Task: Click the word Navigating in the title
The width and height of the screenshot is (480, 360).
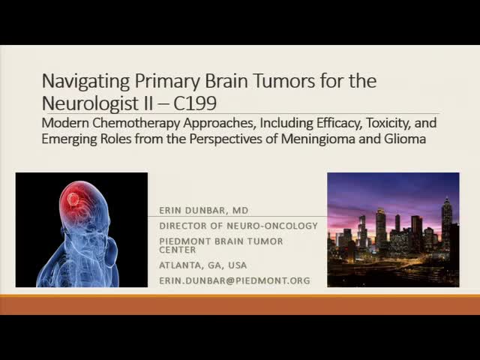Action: [x=79, y=80]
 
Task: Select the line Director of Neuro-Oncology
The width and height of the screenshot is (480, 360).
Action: [x=238, y=226]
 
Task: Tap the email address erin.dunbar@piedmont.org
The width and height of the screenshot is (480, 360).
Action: [x=234, y=280]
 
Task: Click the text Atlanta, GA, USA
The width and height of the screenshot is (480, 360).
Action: [x=202, y=265]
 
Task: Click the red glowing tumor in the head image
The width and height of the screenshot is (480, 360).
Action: [x=73, y=200]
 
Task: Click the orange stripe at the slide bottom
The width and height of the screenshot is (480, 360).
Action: [x=240, y=304]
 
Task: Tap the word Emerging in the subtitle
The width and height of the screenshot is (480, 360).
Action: [x=67, y=139]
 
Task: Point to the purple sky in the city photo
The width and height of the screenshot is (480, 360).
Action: [x=375, y=191]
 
